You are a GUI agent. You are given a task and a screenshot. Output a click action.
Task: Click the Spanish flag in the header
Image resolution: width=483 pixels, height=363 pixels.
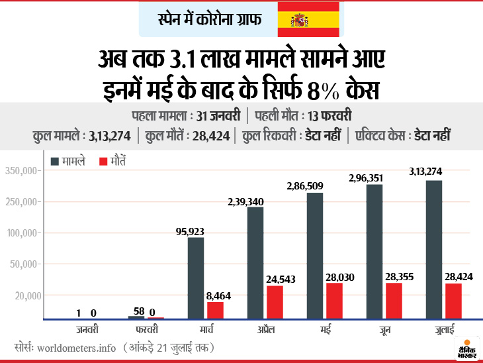point(308,19)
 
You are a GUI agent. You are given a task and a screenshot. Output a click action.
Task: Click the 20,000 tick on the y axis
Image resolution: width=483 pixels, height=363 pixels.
point(26,295)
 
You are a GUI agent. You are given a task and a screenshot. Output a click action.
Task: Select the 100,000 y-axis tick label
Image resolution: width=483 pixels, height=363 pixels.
point(24,233)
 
